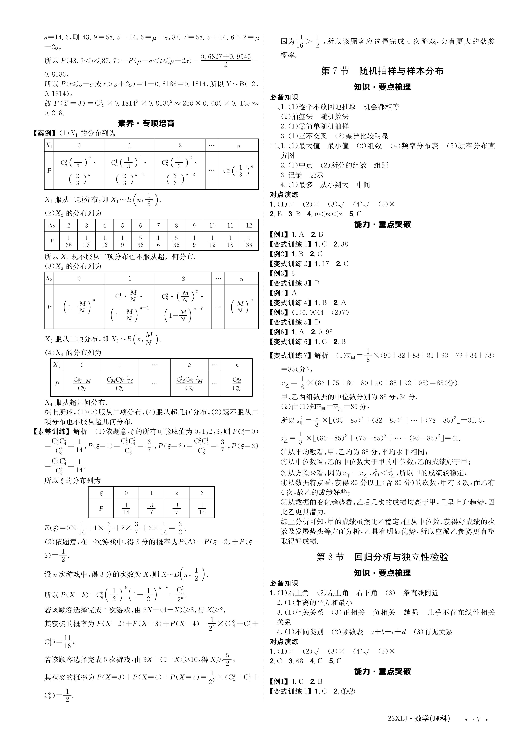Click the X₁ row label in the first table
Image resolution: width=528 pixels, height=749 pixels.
click(49, 145)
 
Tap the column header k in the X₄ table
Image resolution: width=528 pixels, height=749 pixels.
click(189, 365)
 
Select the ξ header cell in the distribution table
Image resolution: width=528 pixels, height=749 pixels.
click(101, 493)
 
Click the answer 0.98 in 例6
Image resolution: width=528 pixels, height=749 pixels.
click(324, 332)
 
